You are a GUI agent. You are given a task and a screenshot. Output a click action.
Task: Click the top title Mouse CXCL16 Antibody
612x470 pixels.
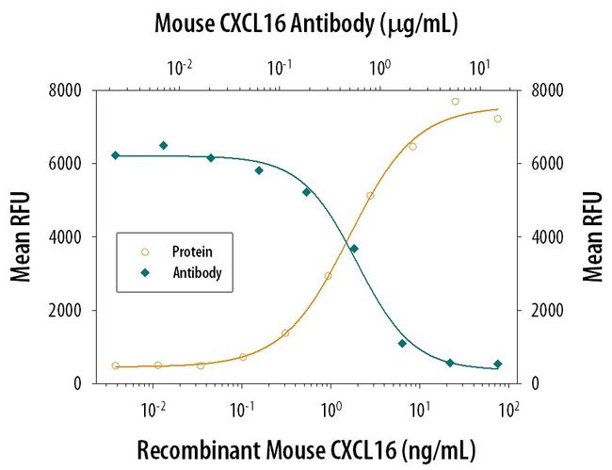(305, 23)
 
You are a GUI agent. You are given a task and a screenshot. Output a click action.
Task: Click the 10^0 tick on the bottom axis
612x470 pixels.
(330, 412)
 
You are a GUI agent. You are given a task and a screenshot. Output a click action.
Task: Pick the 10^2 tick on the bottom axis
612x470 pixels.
(509, 412)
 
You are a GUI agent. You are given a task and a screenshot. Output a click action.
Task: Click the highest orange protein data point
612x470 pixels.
(455, 101)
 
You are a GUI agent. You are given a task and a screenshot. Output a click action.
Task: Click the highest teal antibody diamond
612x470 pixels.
(163, 145)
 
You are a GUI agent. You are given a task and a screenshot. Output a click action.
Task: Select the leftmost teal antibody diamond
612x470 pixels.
(115, 155)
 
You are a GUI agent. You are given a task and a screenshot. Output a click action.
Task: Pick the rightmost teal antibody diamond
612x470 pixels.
(498, 364)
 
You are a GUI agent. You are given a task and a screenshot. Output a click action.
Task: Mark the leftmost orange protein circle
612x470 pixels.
(115, 365)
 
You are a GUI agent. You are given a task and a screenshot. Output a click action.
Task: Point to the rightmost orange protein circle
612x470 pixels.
(498, 119)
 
